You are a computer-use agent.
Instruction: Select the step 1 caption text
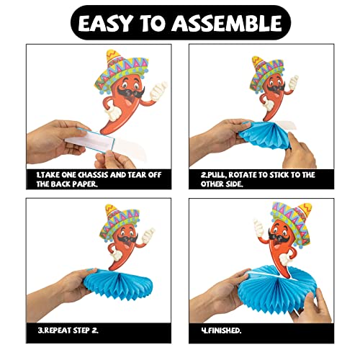86,179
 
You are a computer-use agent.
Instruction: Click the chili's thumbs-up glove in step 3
149,235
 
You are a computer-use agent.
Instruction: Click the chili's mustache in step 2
268,92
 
